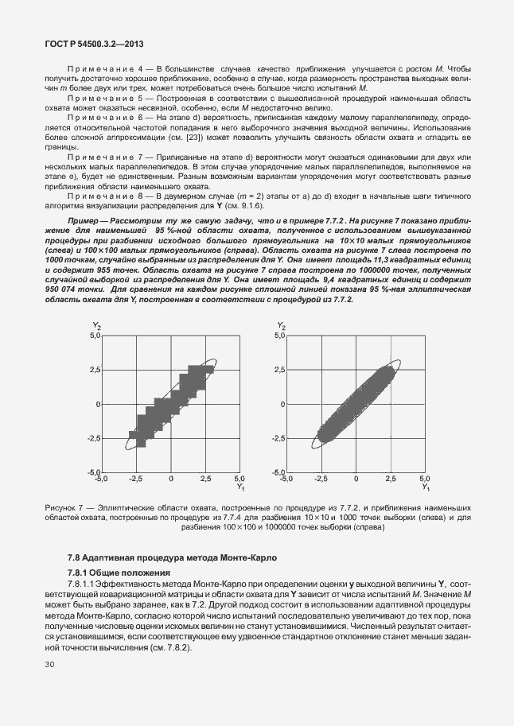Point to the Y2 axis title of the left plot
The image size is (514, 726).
click(x=95, y=325)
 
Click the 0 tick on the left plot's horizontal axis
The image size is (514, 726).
click(x=170, y=479)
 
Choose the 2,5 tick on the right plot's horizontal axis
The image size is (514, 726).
click(x=390, y=479)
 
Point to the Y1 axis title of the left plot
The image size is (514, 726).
click(x=239, y=486)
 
